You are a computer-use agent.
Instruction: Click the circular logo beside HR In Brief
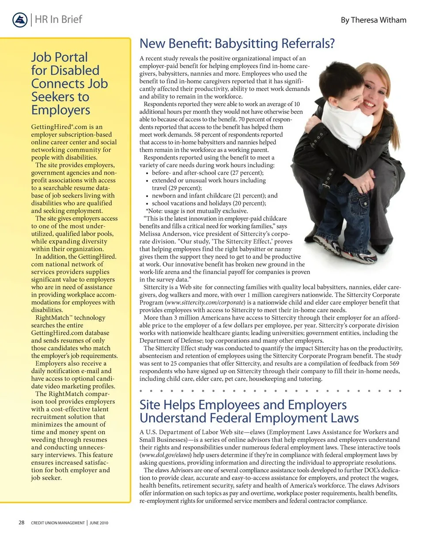20,20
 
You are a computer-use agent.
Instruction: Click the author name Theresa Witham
374,20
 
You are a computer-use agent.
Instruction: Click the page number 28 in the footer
21,523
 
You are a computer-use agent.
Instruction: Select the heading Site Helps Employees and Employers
243,405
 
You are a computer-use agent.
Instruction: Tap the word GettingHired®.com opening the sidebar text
56,127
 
